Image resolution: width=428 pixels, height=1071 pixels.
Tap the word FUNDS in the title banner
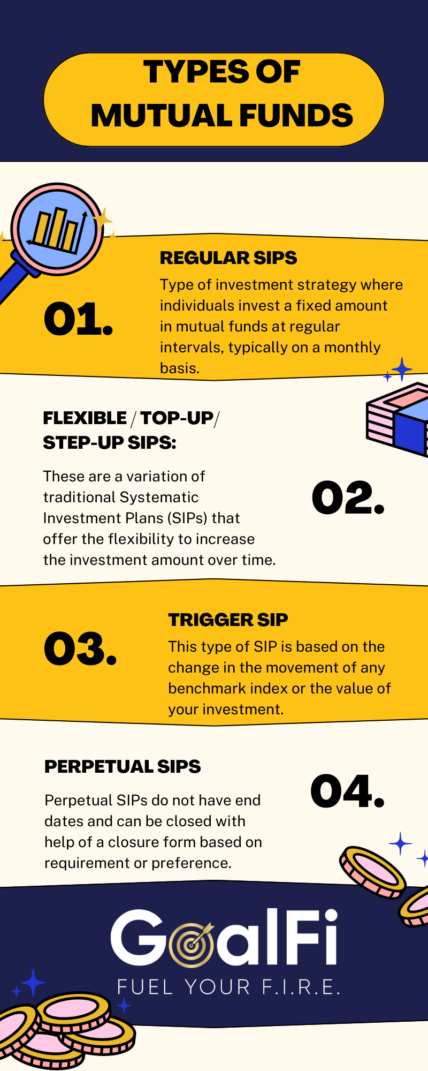[x=296, y=116]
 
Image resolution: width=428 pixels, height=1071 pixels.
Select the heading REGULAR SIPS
[x=228, y=258]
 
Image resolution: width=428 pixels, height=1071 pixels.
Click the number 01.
[x=78, y=320]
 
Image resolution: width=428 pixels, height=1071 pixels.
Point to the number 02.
[x=348, y=498]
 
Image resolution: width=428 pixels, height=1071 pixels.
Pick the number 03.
[x=80, y=649]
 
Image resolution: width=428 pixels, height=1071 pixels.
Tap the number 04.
[x=348, y=791]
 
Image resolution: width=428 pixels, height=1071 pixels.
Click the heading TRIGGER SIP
[x=228, y=620]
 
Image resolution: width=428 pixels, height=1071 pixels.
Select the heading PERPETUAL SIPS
[x=123, y=767]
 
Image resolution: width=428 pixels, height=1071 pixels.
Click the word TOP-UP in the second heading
[x=177, y=418]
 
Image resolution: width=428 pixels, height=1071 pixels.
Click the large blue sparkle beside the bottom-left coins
[x=33, y=983]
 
